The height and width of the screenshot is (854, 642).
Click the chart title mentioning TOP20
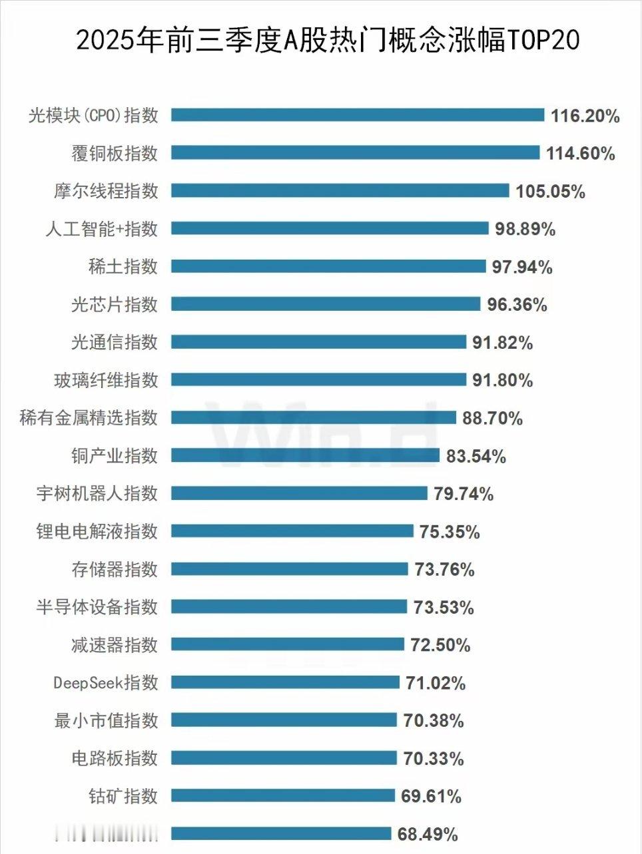[328, 41]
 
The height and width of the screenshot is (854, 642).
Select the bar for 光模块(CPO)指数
[358, 115]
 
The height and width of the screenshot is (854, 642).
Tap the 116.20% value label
[585, 116]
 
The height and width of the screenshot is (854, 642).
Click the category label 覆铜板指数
[115, 153]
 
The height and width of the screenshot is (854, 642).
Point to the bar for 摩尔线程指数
[340, 191]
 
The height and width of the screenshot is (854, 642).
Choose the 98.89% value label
[525, 230]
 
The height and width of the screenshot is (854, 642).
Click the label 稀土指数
[123, 266]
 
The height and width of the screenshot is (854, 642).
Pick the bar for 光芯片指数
[325, 304]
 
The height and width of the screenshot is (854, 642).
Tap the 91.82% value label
[502, 343]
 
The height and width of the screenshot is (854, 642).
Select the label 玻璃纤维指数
[106, 380]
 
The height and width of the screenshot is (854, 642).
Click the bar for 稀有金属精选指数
[313, 417]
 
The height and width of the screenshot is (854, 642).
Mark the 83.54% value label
[476, 457]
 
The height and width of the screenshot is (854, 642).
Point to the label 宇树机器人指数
[97, 493]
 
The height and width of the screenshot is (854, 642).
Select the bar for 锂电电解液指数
[292, 531]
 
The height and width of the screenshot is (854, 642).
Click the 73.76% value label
[444, 570]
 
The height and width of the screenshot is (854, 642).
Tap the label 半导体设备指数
[97, 607]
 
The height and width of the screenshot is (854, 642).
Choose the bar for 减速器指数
[287, 644]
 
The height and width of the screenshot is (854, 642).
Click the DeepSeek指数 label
[106, 682]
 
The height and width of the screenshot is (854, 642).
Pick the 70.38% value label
[433, 721]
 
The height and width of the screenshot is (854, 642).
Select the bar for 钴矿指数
[284, 795]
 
